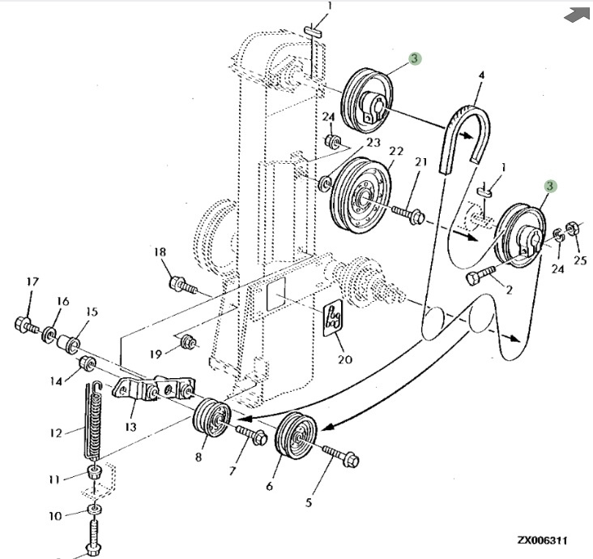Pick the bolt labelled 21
point(410,214)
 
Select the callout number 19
point(156,352)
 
